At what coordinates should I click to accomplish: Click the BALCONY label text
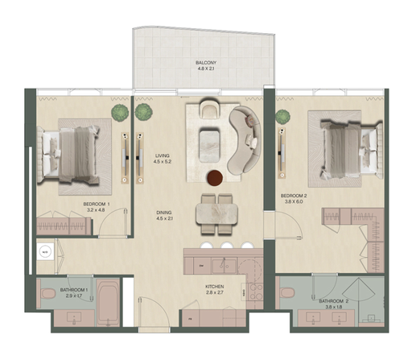pos(205,63)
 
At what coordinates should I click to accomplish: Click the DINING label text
pos(165,213)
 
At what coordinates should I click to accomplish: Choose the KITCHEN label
pos(213,287)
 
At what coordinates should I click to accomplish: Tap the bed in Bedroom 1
pos(72,152)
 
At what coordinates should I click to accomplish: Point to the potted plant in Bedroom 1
pos(120,111)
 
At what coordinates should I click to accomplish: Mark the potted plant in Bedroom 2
pos(282,117)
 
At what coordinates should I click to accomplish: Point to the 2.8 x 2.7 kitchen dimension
pos(213,294)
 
